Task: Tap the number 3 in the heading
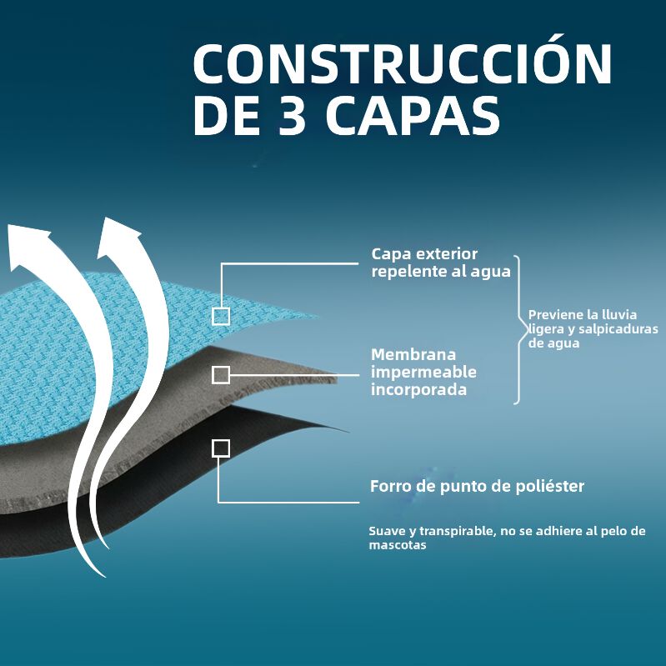(x=293, y=115)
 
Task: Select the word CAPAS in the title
(x=413, y=115)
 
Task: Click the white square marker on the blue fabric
(x=221, y=316)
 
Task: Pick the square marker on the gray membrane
(x=221, y=374)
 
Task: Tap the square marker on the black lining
(x=221, y=448)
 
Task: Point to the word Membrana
(x=408, y=354)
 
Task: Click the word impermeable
(x=423, y=373)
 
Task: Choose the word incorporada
(x=418, y=389)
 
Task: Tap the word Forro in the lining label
(x=390, y=486)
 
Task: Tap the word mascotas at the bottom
(x=397, y=545)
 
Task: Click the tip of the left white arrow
(x=8, y=225)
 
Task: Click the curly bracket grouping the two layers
(x=519, y=329)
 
